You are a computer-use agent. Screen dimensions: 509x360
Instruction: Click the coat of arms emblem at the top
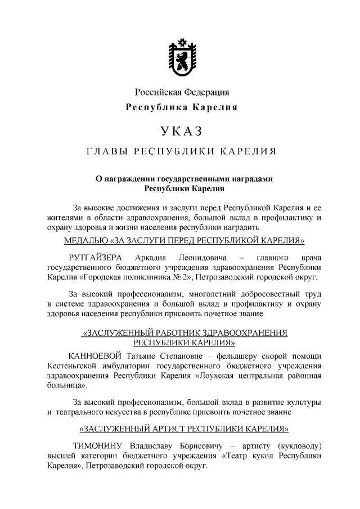click(x=181, y=56)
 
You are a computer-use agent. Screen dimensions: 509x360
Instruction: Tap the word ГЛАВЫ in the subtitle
click(x=105, y=152)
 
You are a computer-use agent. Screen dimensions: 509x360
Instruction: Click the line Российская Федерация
click(x=181, y=92)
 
